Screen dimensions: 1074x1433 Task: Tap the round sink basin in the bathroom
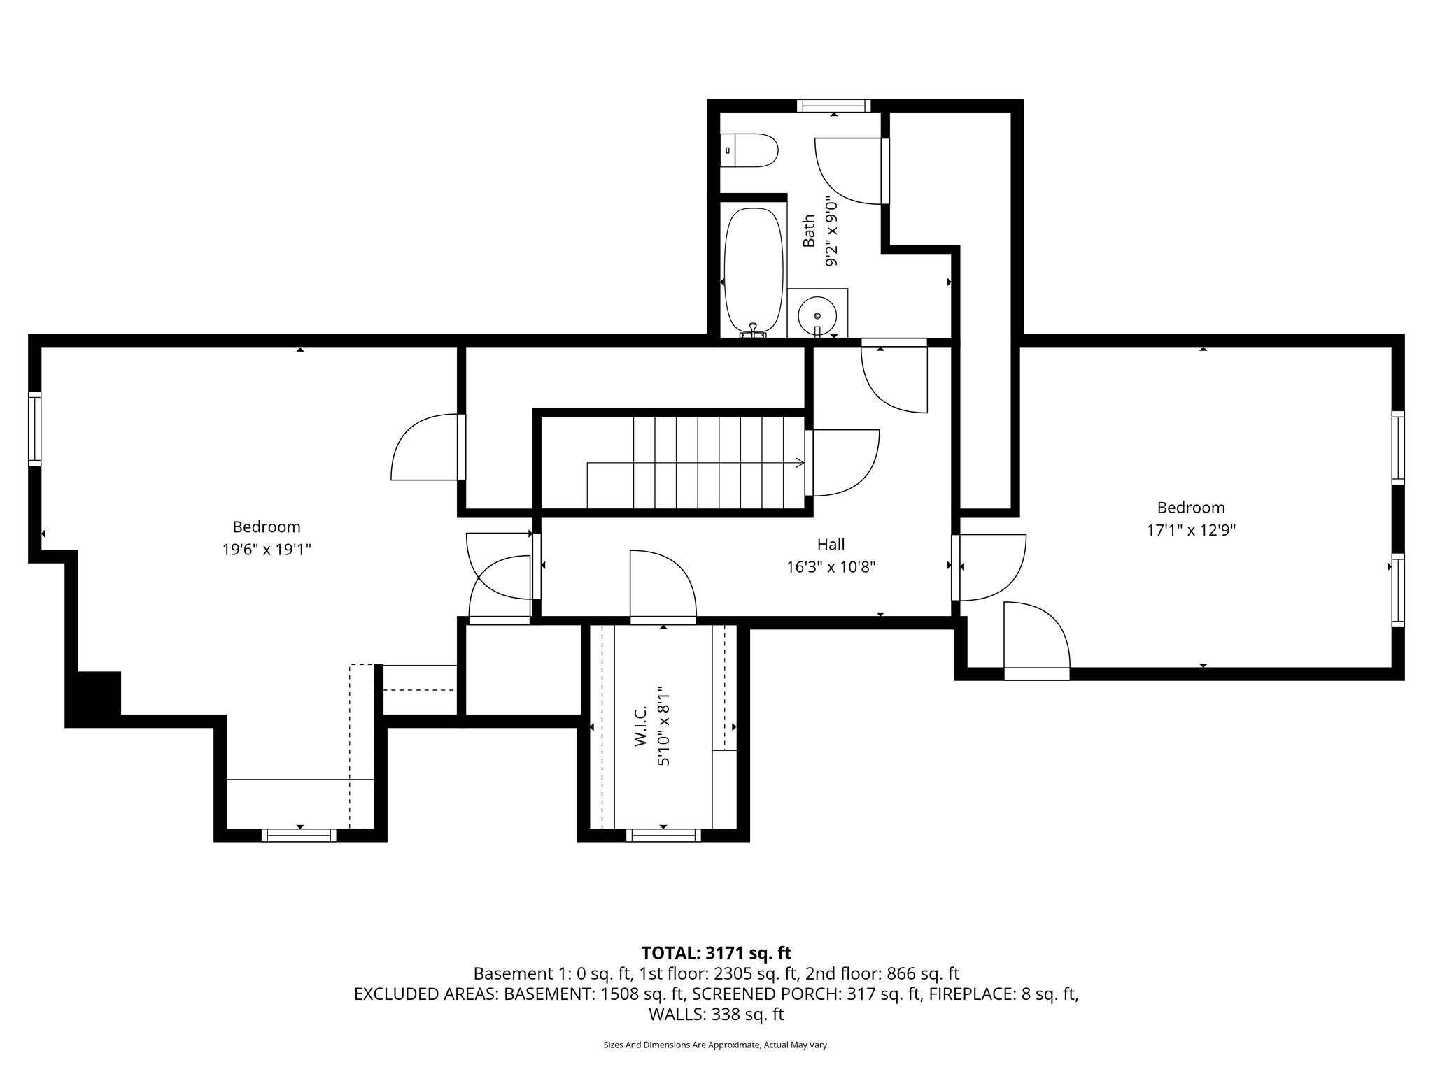pyautogui.click(x=817, y=316)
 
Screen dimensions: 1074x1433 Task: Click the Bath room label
pyautogui.click(x=809, y=231)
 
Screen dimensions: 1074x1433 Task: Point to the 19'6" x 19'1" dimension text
pyautogui.click(x=266, y=550)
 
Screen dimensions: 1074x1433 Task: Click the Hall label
pyautogui.click(x=831, y=544)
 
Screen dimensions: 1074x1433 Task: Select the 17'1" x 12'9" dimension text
pyautogui.click(x=1190, y=530)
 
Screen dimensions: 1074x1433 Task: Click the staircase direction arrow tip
pyautogui.click(x=800, y=462)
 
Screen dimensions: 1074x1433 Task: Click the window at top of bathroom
pyautogui.click(x=833, y=106)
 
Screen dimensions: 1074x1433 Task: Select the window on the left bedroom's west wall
pyautogui.click(x=35, y=429)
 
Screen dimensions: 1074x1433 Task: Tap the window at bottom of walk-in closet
pyautogui.click(x=663, y=835)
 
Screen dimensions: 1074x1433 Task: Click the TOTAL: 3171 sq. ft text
pyautogui.click(x=716, y=953)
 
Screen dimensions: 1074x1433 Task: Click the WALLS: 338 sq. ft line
pyautogui.click(x=716, y=1014)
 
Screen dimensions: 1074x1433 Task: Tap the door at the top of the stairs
pyautogui.click(x=842, y=463)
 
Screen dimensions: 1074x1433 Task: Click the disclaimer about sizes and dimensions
pyautogui.click(x=716, y=1045)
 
